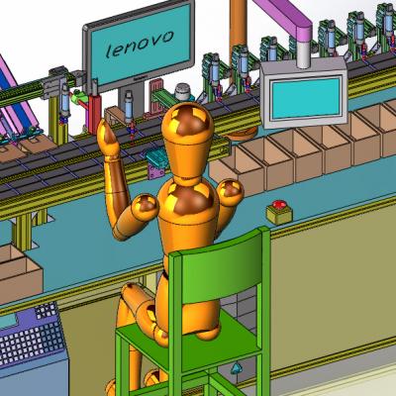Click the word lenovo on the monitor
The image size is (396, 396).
(x=140, y=44)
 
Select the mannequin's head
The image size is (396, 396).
(x=187, y=142)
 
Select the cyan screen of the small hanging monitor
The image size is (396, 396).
(x=306, y=97)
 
